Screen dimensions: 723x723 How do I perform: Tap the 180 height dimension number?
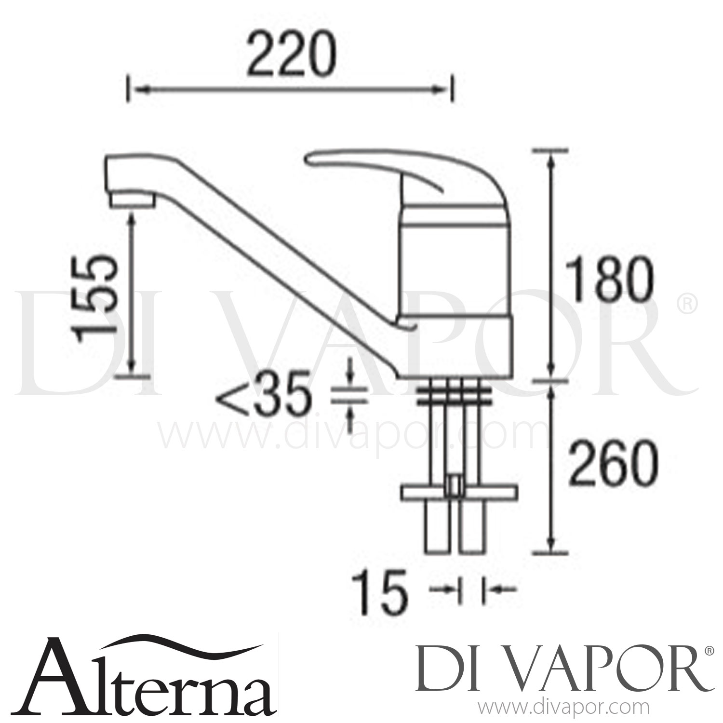(x=610, y=280)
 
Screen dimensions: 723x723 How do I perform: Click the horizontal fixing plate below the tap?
(x=458, y=492)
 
